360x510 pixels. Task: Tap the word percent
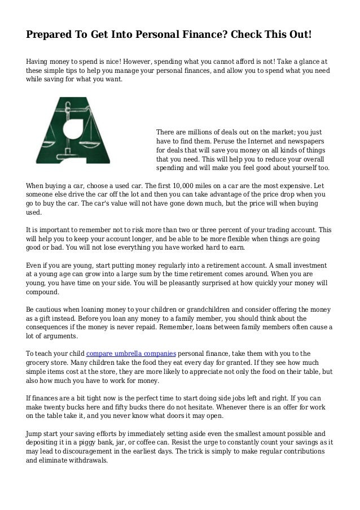pos(238,231)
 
